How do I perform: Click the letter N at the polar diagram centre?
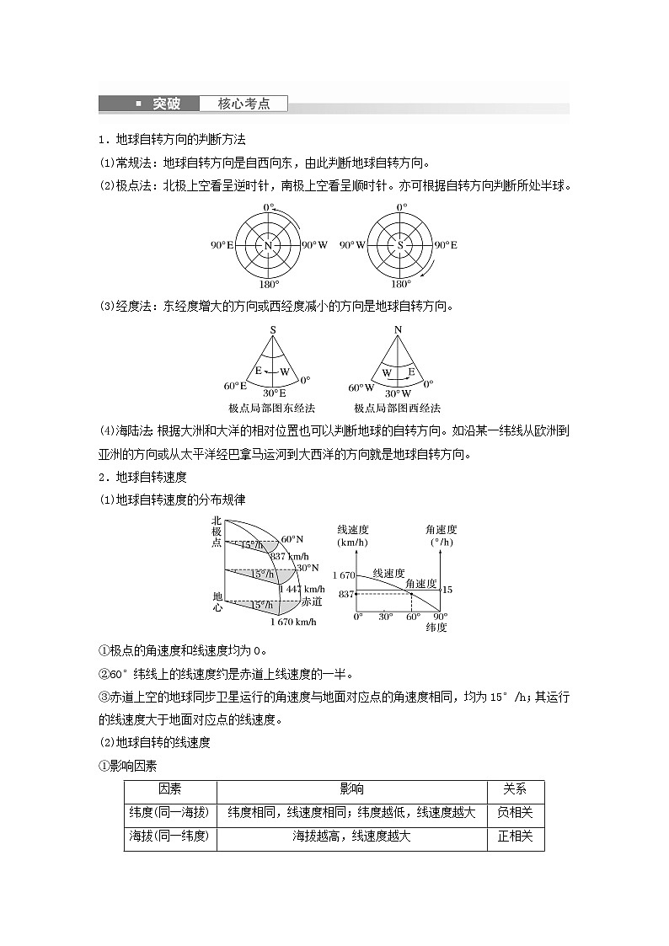pyautogui.click(x=268, y=245)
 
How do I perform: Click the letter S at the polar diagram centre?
pyautogui.click(x=400, y=245)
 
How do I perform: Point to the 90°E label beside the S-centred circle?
pyautogui.click(x=445, y=245)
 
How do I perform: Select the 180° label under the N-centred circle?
pyautogui.click(x=269, y=285)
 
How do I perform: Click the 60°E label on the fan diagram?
pyautogui.click(x=235, y=386)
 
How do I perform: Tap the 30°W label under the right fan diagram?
pyautogui.click(x=399, y=393)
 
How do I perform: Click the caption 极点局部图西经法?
pyautogui.click(x=397, y=408)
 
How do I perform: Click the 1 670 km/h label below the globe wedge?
pyautogui.click(x=292, y=622)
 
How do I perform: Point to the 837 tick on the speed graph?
pyautogui.click(x=345, y=594)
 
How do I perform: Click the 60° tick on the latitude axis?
pyautogui.click(x=413, y=617)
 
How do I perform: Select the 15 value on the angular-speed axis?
pyautogui.click(x=447, y=590)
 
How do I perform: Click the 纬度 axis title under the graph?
pyautogui.click(x=436, y=628)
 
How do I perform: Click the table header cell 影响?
pyautogui.click(x=351, y=789)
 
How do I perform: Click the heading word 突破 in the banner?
pyautogui.click(x=166, y=104)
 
